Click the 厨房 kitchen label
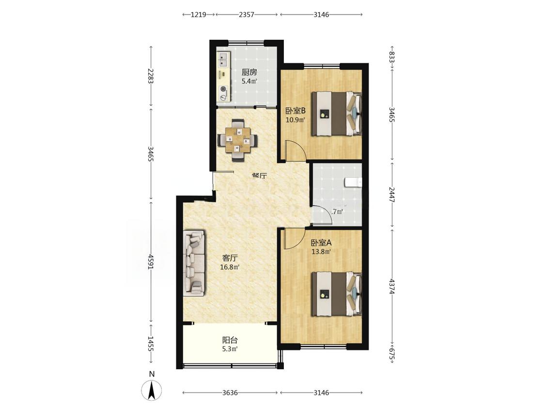coord(249,72)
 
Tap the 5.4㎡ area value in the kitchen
coord(249,81)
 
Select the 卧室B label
coord(296,111)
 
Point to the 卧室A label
coord(321,243)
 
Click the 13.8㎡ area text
coord(321,252)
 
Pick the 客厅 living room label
coord(230,258)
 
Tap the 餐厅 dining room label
coord(259,175)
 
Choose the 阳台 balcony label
coord(230,340)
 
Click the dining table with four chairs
coord(238,140)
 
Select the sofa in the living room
coord(194,263)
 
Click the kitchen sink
coord(223,60)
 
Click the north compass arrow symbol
coord(152,390)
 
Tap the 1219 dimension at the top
coord(199,15)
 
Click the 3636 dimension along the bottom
coord(230,393)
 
